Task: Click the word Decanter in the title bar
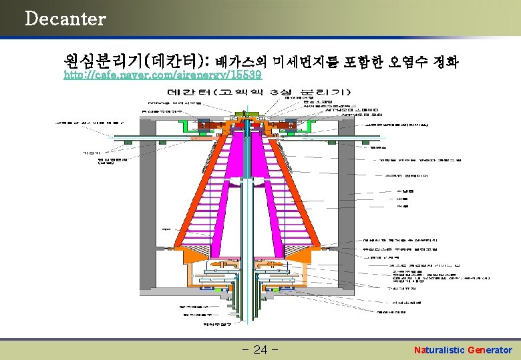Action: click(x=65, y=19)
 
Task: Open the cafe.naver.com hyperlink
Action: click(x=163, y=76)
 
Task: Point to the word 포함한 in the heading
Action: click(x=365, y=63)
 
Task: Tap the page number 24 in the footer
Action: click(x=260, y=350)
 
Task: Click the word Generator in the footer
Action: click(x=490, y=350)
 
